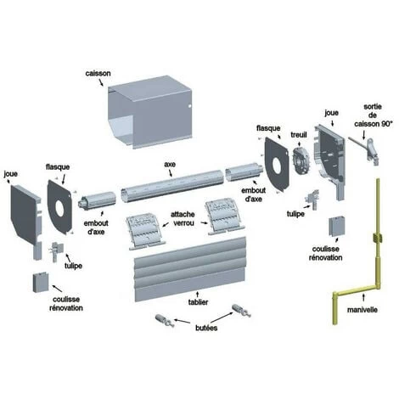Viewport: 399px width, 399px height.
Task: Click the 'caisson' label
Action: pos(98,74)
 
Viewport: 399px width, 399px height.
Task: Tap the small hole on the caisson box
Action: pos(190,106)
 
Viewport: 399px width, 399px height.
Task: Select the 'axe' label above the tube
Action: pos(170,165)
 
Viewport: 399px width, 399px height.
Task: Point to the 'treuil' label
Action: pos(299,135)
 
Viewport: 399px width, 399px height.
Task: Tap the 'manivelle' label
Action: pos(362,310)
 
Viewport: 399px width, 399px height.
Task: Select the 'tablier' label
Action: pos(198,302)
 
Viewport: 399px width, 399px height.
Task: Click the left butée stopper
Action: pos(165,321)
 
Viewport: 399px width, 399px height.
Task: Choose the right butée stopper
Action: pos(241,311)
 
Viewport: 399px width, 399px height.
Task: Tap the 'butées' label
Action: pos(206,328)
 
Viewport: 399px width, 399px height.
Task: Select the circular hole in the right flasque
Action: pos(277,166)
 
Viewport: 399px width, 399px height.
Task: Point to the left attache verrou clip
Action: pos(146,233)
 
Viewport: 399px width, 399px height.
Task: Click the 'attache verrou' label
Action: pos(183,219)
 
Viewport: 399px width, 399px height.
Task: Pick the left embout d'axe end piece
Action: pos(97,201)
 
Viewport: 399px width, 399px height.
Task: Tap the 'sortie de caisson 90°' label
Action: pos(374,115)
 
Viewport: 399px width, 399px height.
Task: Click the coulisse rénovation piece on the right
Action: pos(337,227)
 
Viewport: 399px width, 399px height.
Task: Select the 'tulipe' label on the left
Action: pos(73,266)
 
